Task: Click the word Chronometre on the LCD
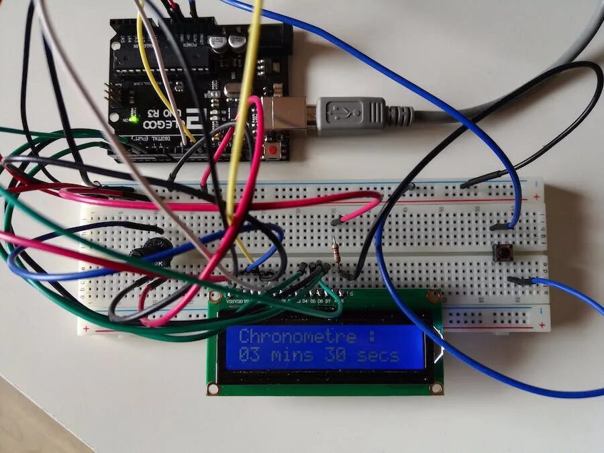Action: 298,336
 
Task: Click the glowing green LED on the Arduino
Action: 134,119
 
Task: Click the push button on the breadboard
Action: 500,253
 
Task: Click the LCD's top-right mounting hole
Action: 434,295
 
